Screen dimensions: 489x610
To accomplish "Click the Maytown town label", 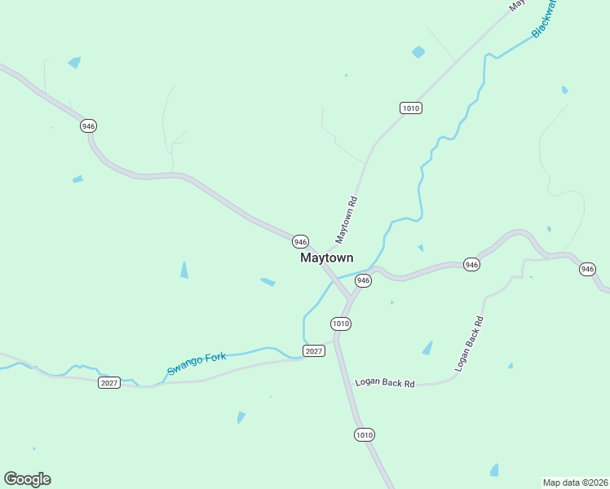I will pyautogui.click(x=326, y=258).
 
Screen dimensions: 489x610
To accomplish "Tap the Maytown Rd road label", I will pyautogui.click(x=347, y=221).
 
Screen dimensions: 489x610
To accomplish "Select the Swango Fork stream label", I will pyautogui.click(x=197, y=363).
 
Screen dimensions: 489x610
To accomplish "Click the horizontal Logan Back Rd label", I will pyautogui.click(x=385, y=383).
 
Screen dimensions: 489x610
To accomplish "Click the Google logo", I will pyautogui.click(x=27, y=479).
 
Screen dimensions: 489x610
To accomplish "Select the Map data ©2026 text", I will pyautogui.click(x=575, y=482).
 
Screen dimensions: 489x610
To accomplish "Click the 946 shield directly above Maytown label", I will pyautogui.click(x=300, y=241).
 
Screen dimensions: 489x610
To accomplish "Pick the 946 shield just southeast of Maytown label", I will pyautogui.click(x=364, y=280).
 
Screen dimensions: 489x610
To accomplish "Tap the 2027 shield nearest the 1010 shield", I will pyautogui.click(x=314, y=350).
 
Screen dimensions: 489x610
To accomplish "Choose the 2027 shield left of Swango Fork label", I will pyautogui.click(x=109, y=382).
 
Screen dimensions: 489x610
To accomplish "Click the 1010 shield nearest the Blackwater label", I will pyautogui.click(x=410, y=108).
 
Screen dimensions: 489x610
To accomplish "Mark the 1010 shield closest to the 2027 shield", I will pyautogui.click(x=341, y=324).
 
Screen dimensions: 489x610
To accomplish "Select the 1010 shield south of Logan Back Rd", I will pyautogui.click(x=365, y=435).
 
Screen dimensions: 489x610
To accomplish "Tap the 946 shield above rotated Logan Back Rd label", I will pyautogui.click(x=471, y=264).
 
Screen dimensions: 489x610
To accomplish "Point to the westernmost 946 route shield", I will pyautogui.click(x=88, y=126).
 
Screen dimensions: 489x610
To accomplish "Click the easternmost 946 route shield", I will pyautogui.click(x=587, y=269).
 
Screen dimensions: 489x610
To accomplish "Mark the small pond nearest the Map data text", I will pyautogui.click(x=494, y=469).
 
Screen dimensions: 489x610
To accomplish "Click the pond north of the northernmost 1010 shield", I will pyautogui.click(x=418, y=52).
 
